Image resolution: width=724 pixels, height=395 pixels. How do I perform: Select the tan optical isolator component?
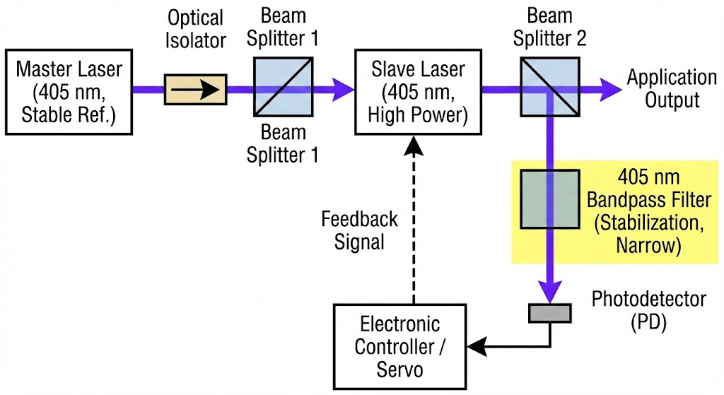coord(195,90)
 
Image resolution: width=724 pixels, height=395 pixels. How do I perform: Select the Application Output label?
coord(672,88)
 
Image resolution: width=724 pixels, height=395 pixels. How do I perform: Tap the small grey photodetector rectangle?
coord(550,312)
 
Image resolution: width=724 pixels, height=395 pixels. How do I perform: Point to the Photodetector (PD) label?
coord(648,310)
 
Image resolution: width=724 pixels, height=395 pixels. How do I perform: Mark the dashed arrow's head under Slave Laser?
coord(414,146)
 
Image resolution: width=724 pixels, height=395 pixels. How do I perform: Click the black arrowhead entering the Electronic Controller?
coord(477,346)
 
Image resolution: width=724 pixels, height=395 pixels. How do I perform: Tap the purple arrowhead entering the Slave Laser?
coord(345,90)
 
